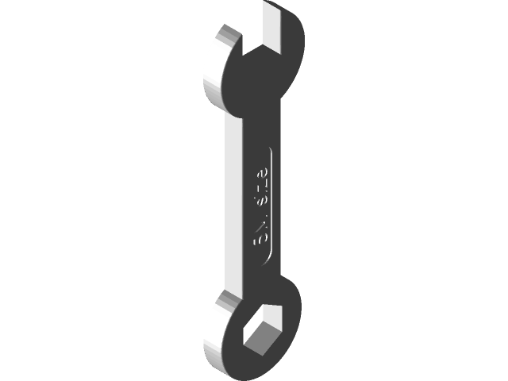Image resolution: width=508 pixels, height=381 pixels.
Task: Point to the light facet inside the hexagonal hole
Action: [270, 321]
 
